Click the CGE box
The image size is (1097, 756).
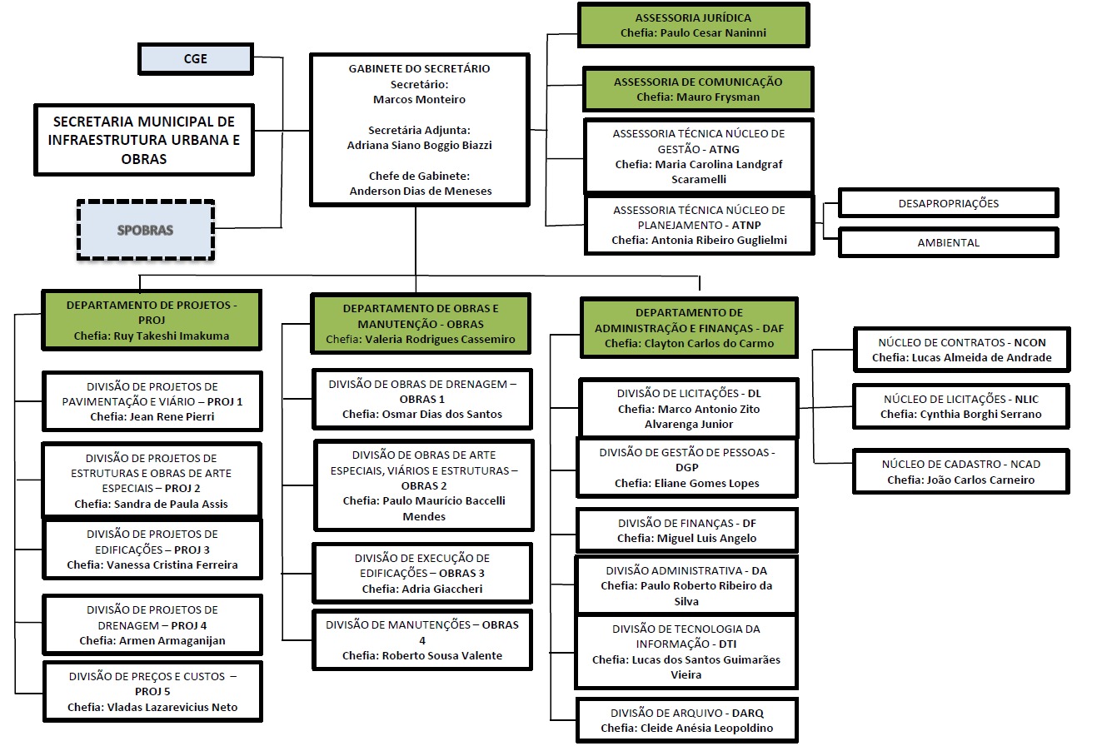[196, 59]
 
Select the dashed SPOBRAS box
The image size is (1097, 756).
[146, 231]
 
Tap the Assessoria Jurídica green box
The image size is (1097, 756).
[693, 25]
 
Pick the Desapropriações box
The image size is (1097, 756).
[948, 203]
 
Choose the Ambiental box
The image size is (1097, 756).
[948, 243]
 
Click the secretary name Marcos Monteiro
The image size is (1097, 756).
[419, 100]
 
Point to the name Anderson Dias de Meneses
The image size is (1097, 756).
[421, 191]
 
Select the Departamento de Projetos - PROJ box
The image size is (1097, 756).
[152, 321]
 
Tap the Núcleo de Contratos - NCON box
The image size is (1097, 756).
[961, 350]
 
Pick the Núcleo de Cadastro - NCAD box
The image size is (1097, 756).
[960, 472]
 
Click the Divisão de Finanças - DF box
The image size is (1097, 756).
[686, 531]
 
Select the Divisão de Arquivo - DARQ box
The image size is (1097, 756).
[686, 721]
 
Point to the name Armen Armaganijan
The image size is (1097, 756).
[172, 641]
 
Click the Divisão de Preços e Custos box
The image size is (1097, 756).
[152, 692]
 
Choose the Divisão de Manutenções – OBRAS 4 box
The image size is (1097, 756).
[421, 640]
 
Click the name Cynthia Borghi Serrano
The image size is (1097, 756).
[980, 415]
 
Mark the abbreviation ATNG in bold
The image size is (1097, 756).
[724, 149]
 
